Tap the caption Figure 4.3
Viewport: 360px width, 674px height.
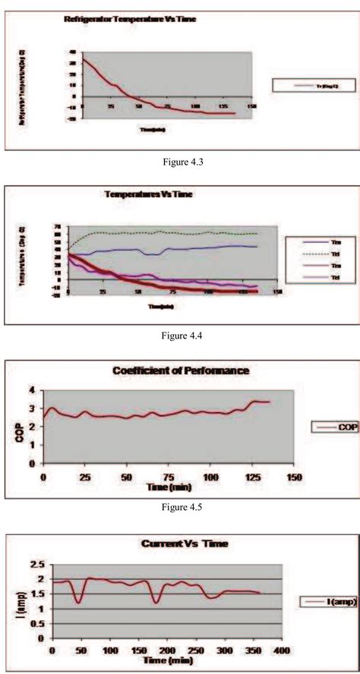click(x=179, y=162)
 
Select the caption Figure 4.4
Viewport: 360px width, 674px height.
click(x=179, y=333)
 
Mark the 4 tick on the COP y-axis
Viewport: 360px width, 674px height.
click(x=33, y=390)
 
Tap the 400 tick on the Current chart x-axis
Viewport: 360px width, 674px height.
click(x=283, y=651)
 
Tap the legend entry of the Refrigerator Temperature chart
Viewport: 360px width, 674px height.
click(x=312, y=86)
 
